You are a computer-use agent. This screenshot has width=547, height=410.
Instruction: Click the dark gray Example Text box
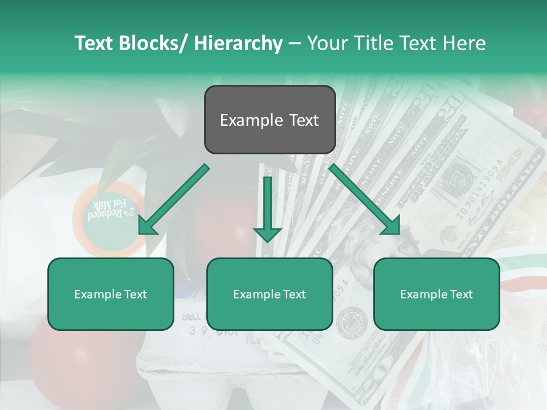coord(270,120)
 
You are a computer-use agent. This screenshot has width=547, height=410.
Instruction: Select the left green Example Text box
coord(111,294)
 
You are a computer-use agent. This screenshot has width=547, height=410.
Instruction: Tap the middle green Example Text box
coord(270,294)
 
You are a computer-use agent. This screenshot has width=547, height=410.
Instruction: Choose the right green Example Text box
coord(436,294)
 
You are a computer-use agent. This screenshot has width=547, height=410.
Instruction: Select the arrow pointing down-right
coord(365,199)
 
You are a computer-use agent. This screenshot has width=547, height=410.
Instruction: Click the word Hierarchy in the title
coord(238,43)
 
